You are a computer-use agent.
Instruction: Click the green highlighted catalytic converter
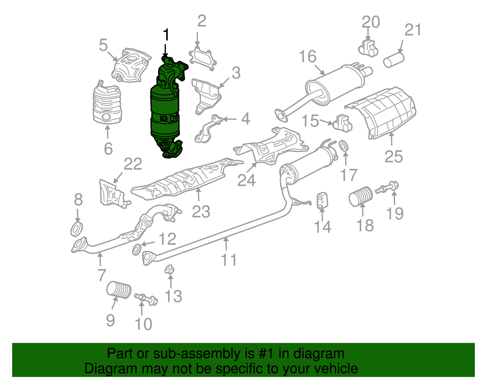[x=165, y=113]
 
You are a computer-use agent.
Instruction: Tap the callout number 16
[x=308, y=57]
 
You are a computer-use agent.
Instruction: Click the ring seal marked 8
[x=76, y=229]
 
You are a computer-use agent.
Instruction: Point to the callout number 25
[x=394, y=157]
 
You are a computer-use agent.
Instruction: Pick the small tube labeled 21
[x=394, y=59]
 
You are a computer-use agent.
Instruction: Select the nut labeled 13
[x=169, y=270]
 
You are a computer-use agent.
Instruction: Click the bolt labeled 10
[x=146, y=298]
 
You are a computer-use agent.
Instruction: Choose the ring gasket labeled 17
[x=344, y=145]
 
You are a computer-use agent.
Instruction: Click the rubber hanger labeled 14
[x=322, y=201]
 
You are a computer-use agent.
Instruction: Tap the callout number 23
[x=201, y=212]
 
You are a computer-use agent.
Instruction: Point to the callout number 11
[x=229, y=260]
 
